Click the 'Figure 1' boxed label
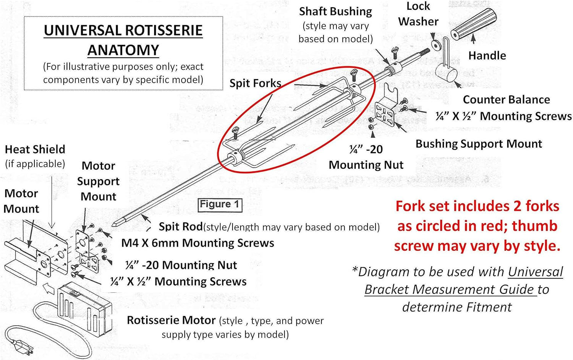point(220,205)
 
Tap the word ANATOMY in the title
point(123,50)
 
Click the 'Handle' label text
point(487,56)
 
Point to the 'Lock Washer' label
point(418,14)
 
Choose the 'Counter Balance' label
point(506,100)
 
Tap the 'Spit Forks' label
point(255,83)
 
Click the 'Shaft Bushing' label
point(335,12)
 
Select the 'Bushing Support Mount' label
point(479,144)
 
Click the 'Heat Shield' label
point(35,149)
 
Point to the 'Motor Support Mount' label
point(98,181)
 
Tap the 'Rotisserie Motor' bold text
point(171,320)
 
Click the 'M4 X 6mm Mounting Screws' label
point(197,243)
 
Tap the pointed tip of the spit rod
point(116,223)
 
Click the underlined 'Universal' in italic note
point(535,272)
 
